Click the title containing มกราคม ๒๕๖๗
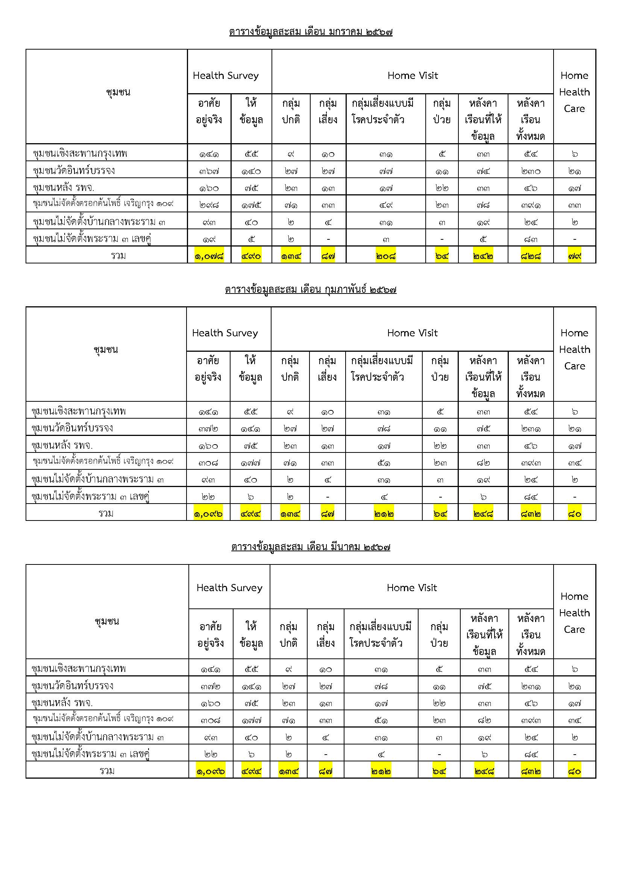[311, 32]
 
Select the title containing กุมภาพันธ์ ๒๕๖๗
[311, 289]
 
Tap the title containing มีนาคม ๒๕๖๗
[311, 547]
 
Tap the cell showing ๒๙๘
[209, 205]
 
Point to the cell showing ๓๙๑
[531, 205]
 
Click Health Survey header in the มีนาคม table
[229, 588]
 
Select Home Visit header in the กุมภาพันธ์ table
[412, 333]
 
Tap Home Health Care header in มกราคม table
[574, 92]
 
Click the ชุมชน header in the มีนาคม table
[107, 621]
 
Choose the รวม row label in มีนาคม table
[107, 771]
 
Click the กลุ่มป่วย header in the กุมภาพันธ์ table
[440, 369]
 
